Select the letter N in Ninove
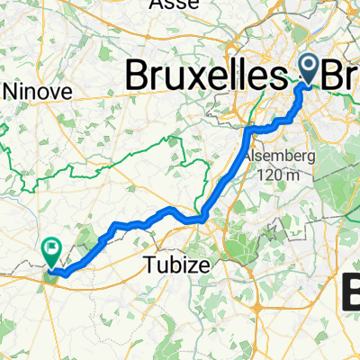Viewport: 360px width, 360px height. [x=11, y=90]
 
